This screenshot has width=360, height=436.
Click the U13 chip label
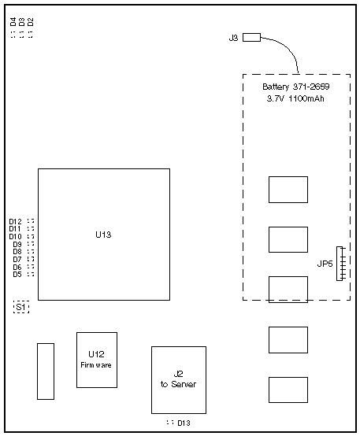[x=103, y=235]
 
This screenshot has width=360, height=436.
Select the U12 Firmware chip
[x=97, y=360]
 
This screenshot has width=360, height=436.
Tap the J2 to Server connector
[x=179, y=380]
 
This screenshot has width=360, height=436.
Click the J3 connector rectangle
[x=252, y=37]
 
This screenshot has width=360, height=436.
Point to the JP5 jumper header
[x=340, y=264]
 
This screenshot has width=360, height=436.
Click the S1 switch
[x=21, y=307]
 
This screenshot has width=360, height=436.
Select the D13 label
[x=184, y=423]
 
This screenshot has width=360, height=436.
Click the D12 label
[x=15, y=222]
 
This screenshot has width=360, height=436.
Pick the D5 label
[x=17, y=275]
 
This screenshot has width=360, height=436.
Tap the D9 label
[x=17, y=245]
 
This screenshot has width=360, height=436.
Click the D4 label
[x=13, y=22]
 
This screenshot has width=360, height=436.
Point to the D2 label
[x=31, y=22]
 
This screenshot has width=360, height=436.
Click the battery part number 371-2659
[x=311, y=87]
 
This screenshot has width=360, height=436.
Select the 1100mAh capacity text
[x=306, y=98]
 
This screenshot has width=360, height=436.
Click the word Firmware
[x=96, y=365]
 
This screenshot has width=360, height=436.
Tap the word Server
[x=184, y=384]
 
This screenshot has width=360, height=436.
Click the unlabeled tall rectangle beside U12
[x=46, y=371]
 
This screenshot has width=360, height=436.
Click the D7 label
[x=17, y=260]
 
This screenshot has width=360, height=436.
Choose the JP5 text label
[x=325, y=264]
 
